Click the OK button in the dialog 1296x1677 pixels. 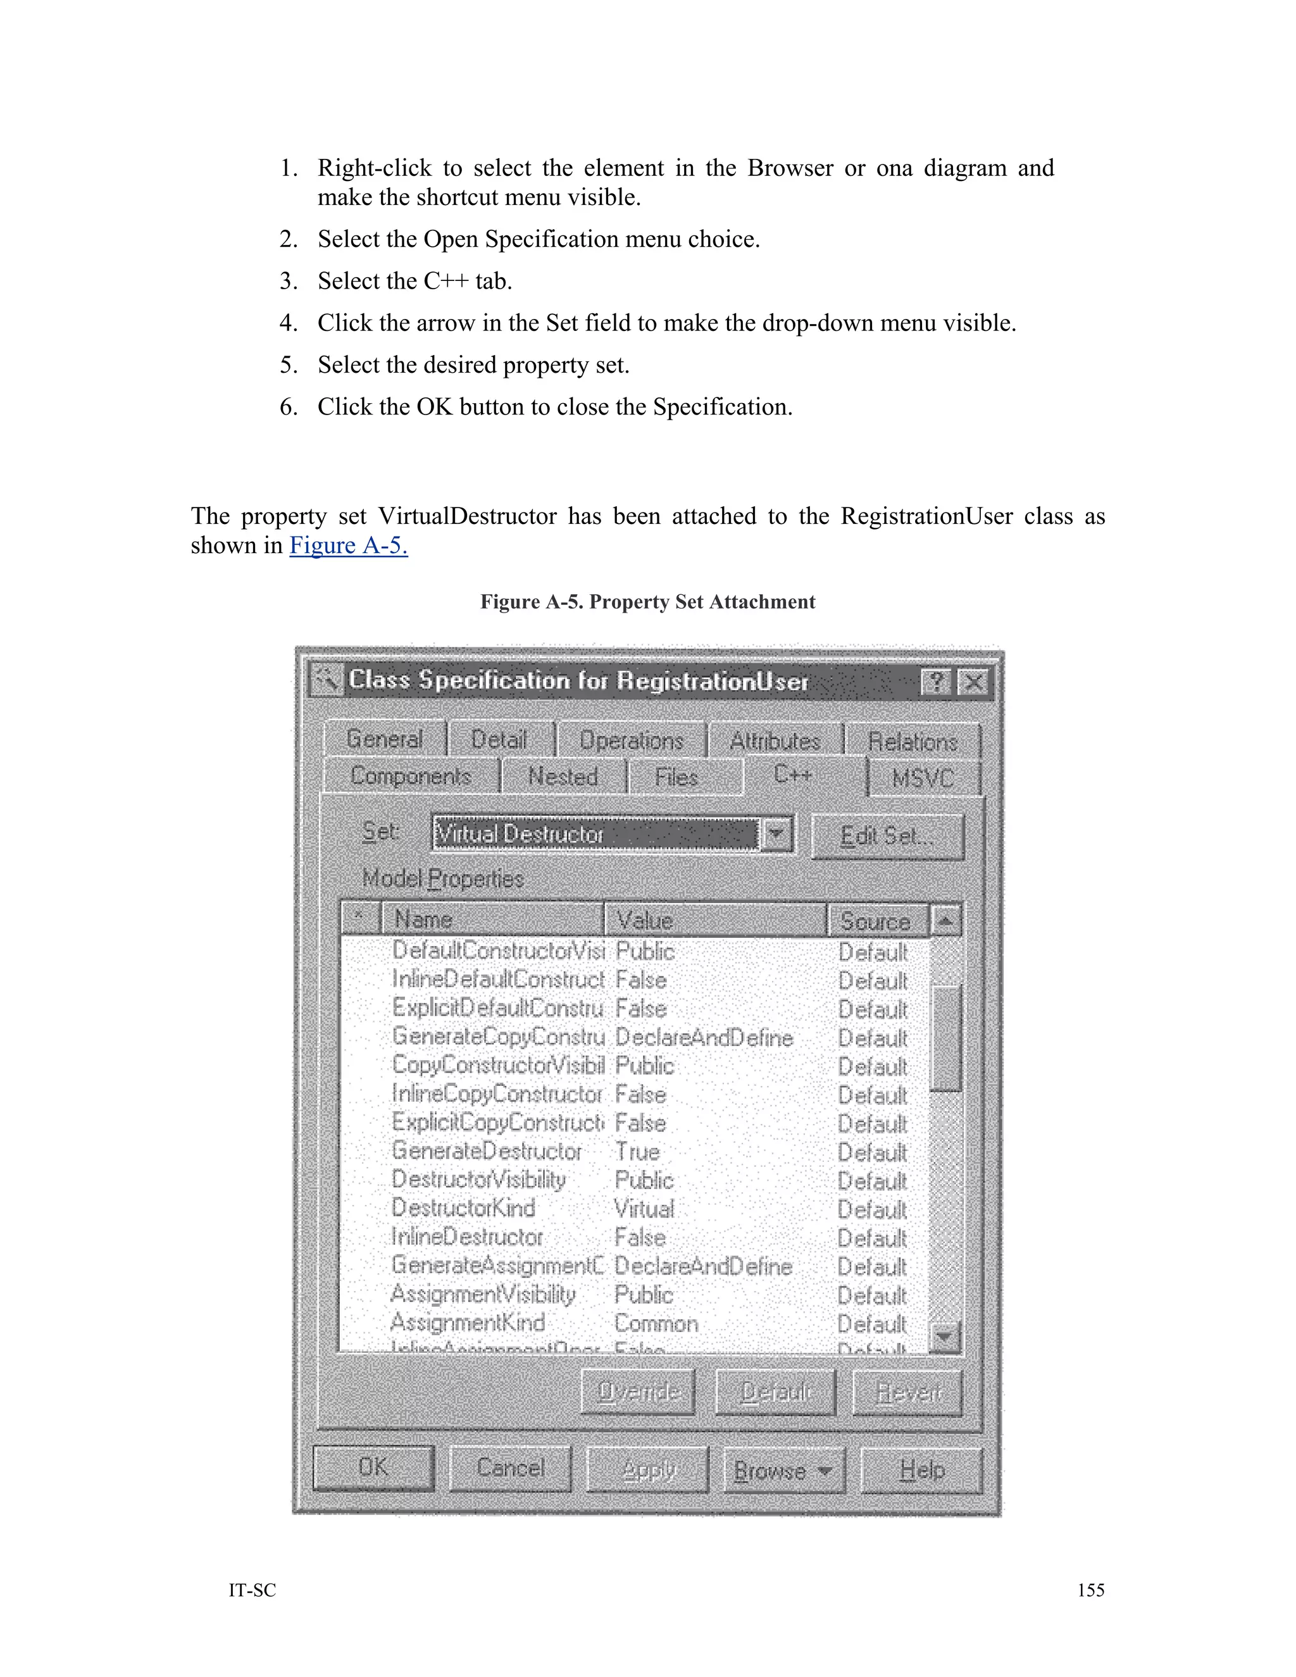373,1468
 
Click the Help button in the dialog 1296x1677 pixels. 921,1469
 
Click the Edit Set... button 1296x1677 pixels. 887,835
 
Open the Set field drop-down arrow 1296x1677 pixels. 776,834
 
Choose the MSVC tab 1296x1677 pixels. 924,778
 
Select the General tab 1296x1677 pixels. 384,739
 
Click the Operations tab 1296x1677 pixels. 631,740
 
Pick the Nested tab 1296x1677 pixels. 563,776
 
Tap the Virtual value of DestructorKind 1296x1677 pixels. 644,1209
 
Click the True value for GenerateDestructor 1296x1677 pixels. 637,1152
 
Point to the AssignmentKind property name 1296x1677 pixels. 468,1322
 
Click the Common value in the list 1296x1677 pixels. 656,1323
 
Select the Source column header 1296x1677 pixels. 875,920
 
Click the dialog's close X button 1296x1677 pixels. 973,682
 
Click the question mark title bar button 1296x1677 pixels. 936,682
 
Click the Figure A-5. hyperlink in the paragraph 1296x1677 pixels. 349,545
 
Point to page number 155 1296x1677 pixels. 1090,1590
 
